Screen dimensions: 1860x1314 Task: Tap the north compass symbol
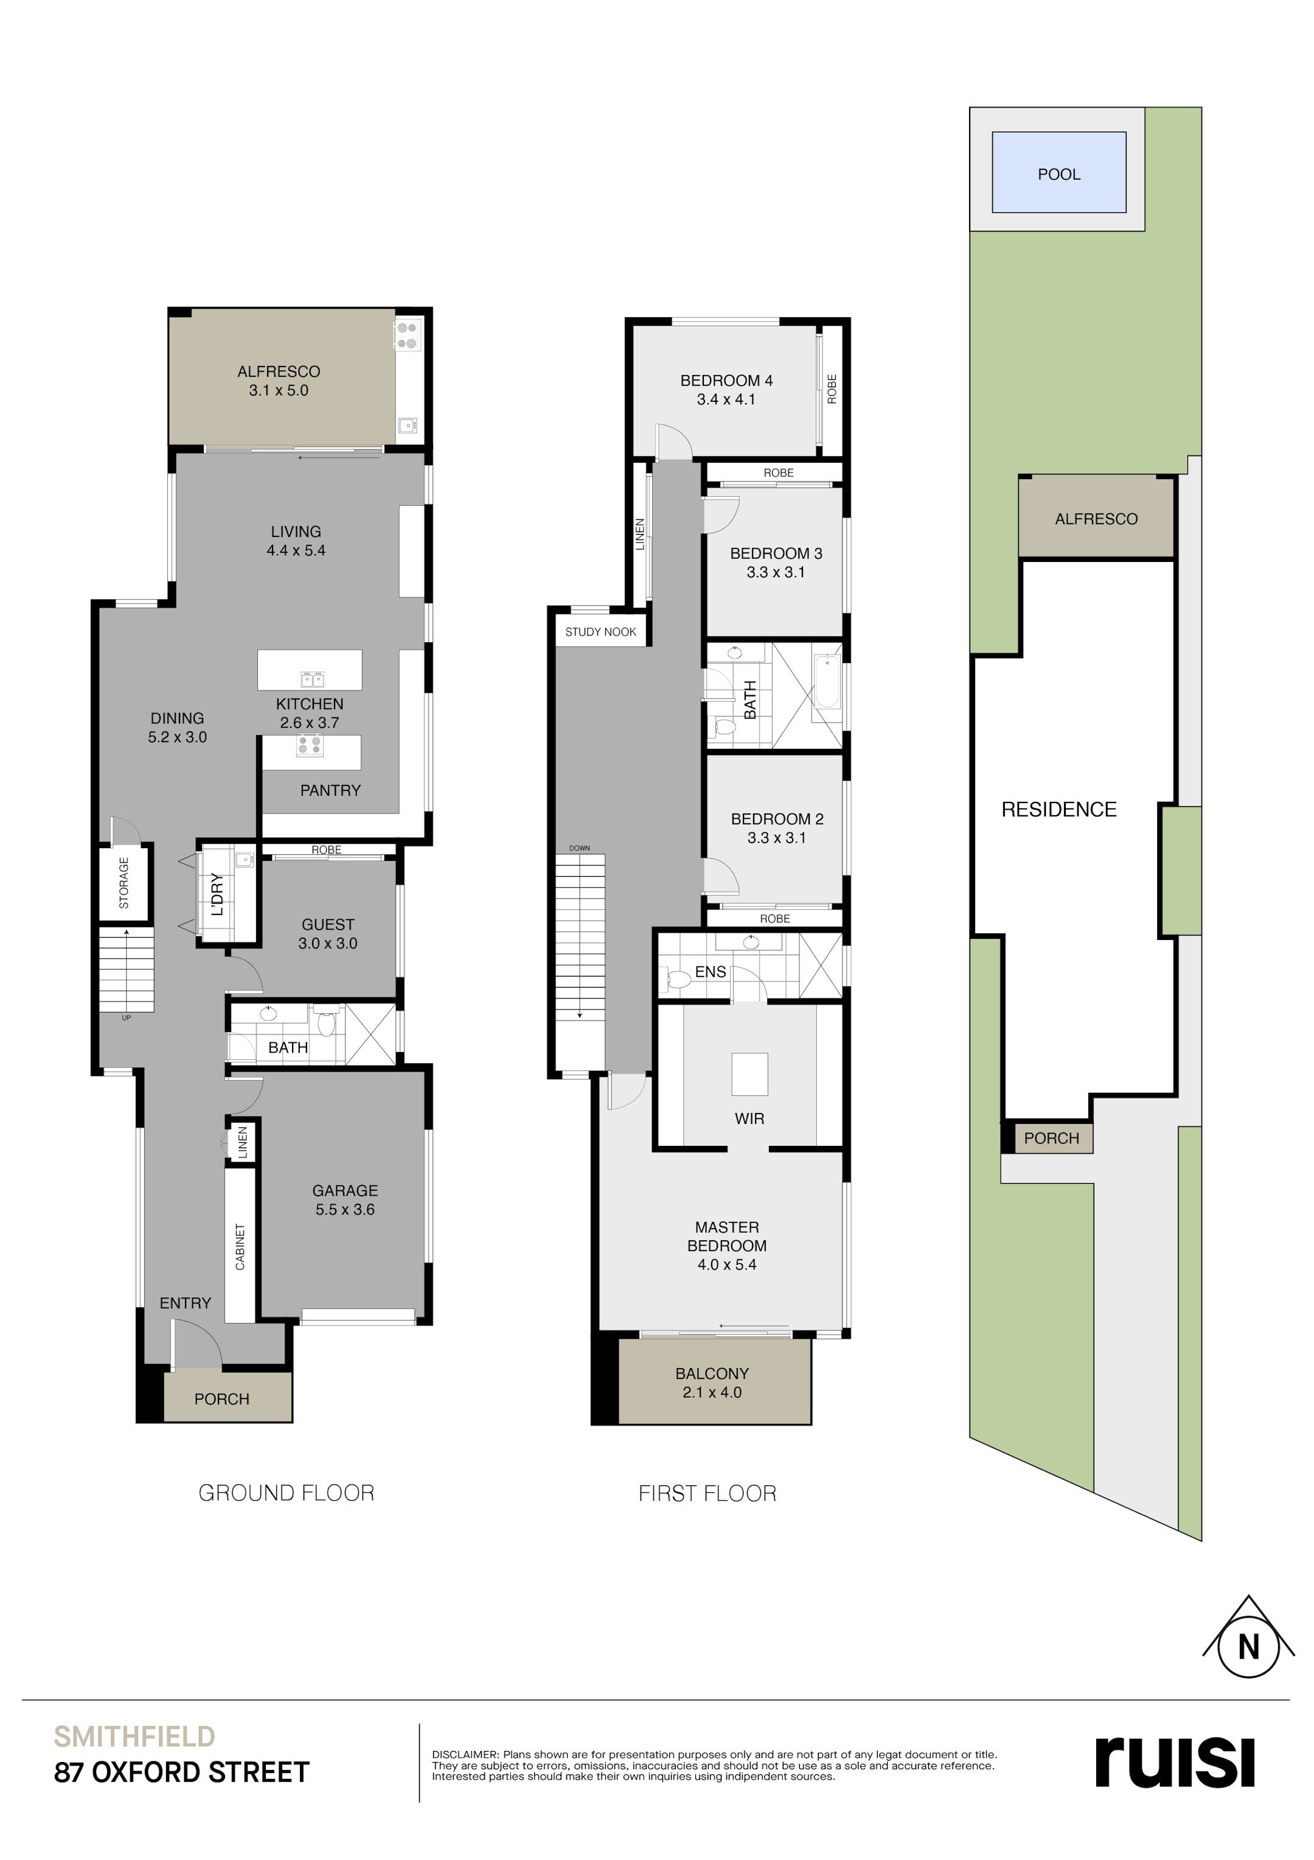[1248, 1647]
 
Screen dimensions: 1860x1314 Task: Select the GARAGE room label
[345, 1190]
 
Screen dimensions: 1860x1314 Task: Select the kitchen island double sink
[313, 678]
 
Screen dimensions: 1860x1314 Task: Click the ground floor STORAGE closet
[125, 882]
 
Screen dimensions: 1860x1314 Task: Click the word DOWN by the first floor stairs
[579, 848]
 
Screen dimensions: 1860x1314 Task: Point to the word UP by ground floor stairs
[127, 1017]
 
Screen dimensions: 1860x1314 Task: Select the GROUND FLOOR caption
[286, 1493]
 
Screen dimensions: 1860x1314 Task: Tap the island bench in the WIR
[749, 1073]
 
